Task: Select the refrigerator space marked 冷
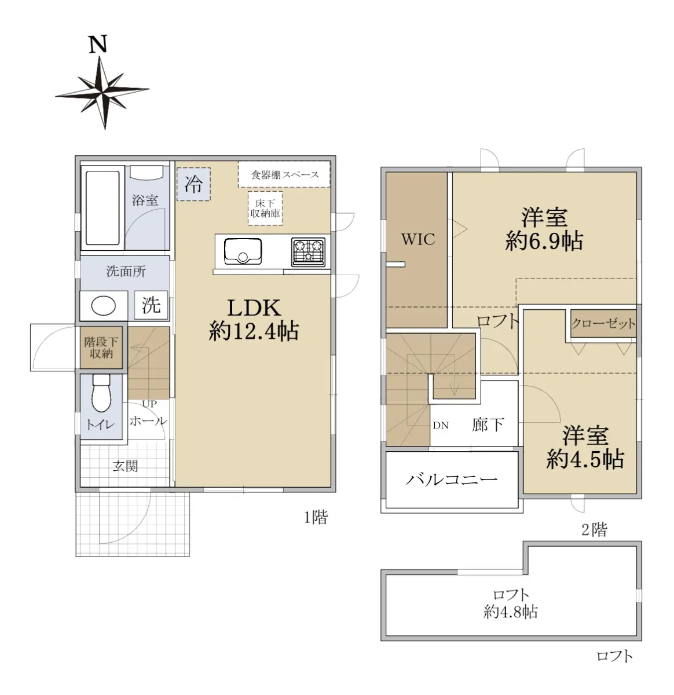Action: coord(193,184)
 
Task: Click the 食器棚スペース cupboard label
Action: coord(284,175)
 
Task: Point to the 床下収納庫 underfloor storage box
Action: coord(265,209)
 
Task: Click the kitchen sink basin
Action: coord(243,251)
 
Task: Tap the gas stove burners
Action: coord(309,252)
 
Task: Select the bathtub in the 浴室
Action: coord(102,208)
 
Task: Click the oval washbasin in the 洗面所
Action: coord(103,306)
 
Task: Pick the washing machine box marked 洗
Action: coord(151,305)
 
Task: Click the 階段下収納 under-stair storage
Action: coord(101,348)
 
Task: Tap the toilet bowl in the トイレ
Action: coord(102,393)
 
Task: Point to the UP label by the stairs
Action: coord(149,404)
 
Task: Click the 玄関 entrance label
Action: coord(125,466)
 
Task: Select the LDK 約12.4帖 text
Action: coord(254,320)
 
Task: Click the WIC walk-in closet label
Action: coord(418,239)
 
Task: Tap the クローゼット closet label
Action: coord(604,324)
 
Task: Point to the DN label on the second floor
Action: coord(441,425)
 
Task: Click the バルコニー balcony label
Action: coord(452,480)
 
